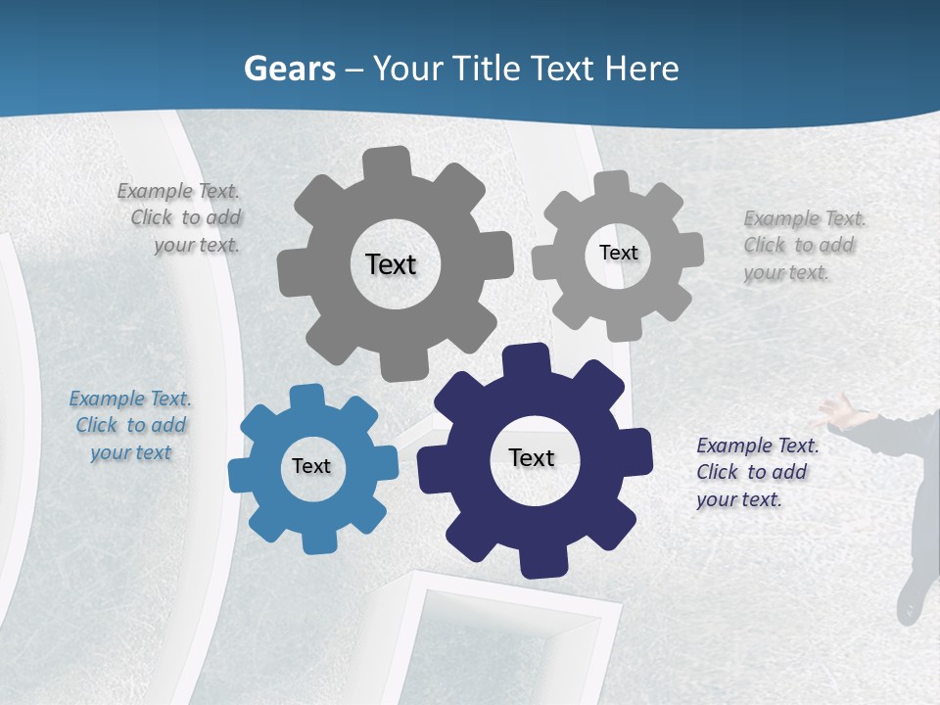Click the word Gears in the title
point(290,69)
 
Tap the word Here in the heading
point(641,69)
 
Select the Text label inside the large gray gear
point(391,264)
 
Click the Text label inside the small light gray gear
point(618,253)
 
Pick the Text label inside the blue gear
point(311,466)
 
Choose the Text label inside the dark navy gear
point(532,457)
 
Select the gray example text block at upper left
point(180,218)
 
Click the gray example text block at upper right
point(804,245)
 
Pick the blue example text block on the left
point(130,425)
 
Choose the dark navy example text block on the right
point(757,472)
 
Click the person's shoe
point(911,600)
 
